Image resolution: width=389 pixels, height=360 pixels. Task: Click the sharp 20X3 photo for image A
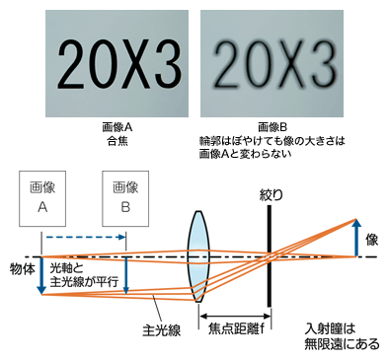point(118,63)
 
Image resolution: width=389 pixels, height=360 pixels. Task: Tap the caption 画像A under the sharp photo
point(118,128)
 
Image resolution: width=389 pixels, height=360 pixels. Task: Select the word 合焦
point(118,141)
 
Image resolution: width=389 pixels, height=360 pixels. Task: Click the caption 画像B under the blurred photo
point(270,128)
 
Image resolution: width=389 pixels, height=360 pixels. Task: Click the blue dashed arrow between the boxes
point(83,237)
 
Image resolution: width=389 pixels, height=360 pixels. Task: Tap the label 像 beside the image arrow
point(372,240)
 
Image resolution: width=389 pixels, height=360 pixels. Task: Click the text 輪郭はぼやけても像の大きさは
point(270,141)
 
